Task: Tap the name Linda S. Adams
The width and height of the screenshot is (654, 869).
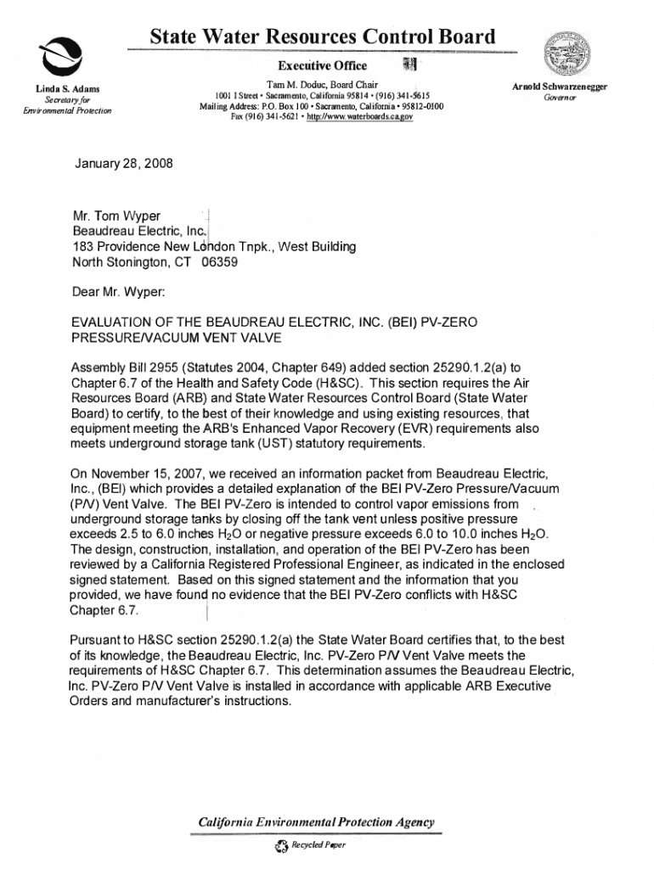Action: coord(68,88)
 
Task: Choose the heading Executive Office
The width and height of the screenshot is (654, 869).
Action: coord(323,66)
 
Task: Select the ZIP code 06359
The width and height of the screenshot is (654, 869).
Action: coord(219,262)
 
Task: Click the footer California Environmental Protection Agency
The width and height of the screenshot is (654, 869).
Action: coord(316,821)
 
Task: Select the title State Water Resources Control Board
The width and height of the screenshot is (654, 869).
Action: coord(322,37)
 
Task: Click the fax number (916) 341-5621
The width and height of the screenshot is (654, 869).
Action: coord(263,117)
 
